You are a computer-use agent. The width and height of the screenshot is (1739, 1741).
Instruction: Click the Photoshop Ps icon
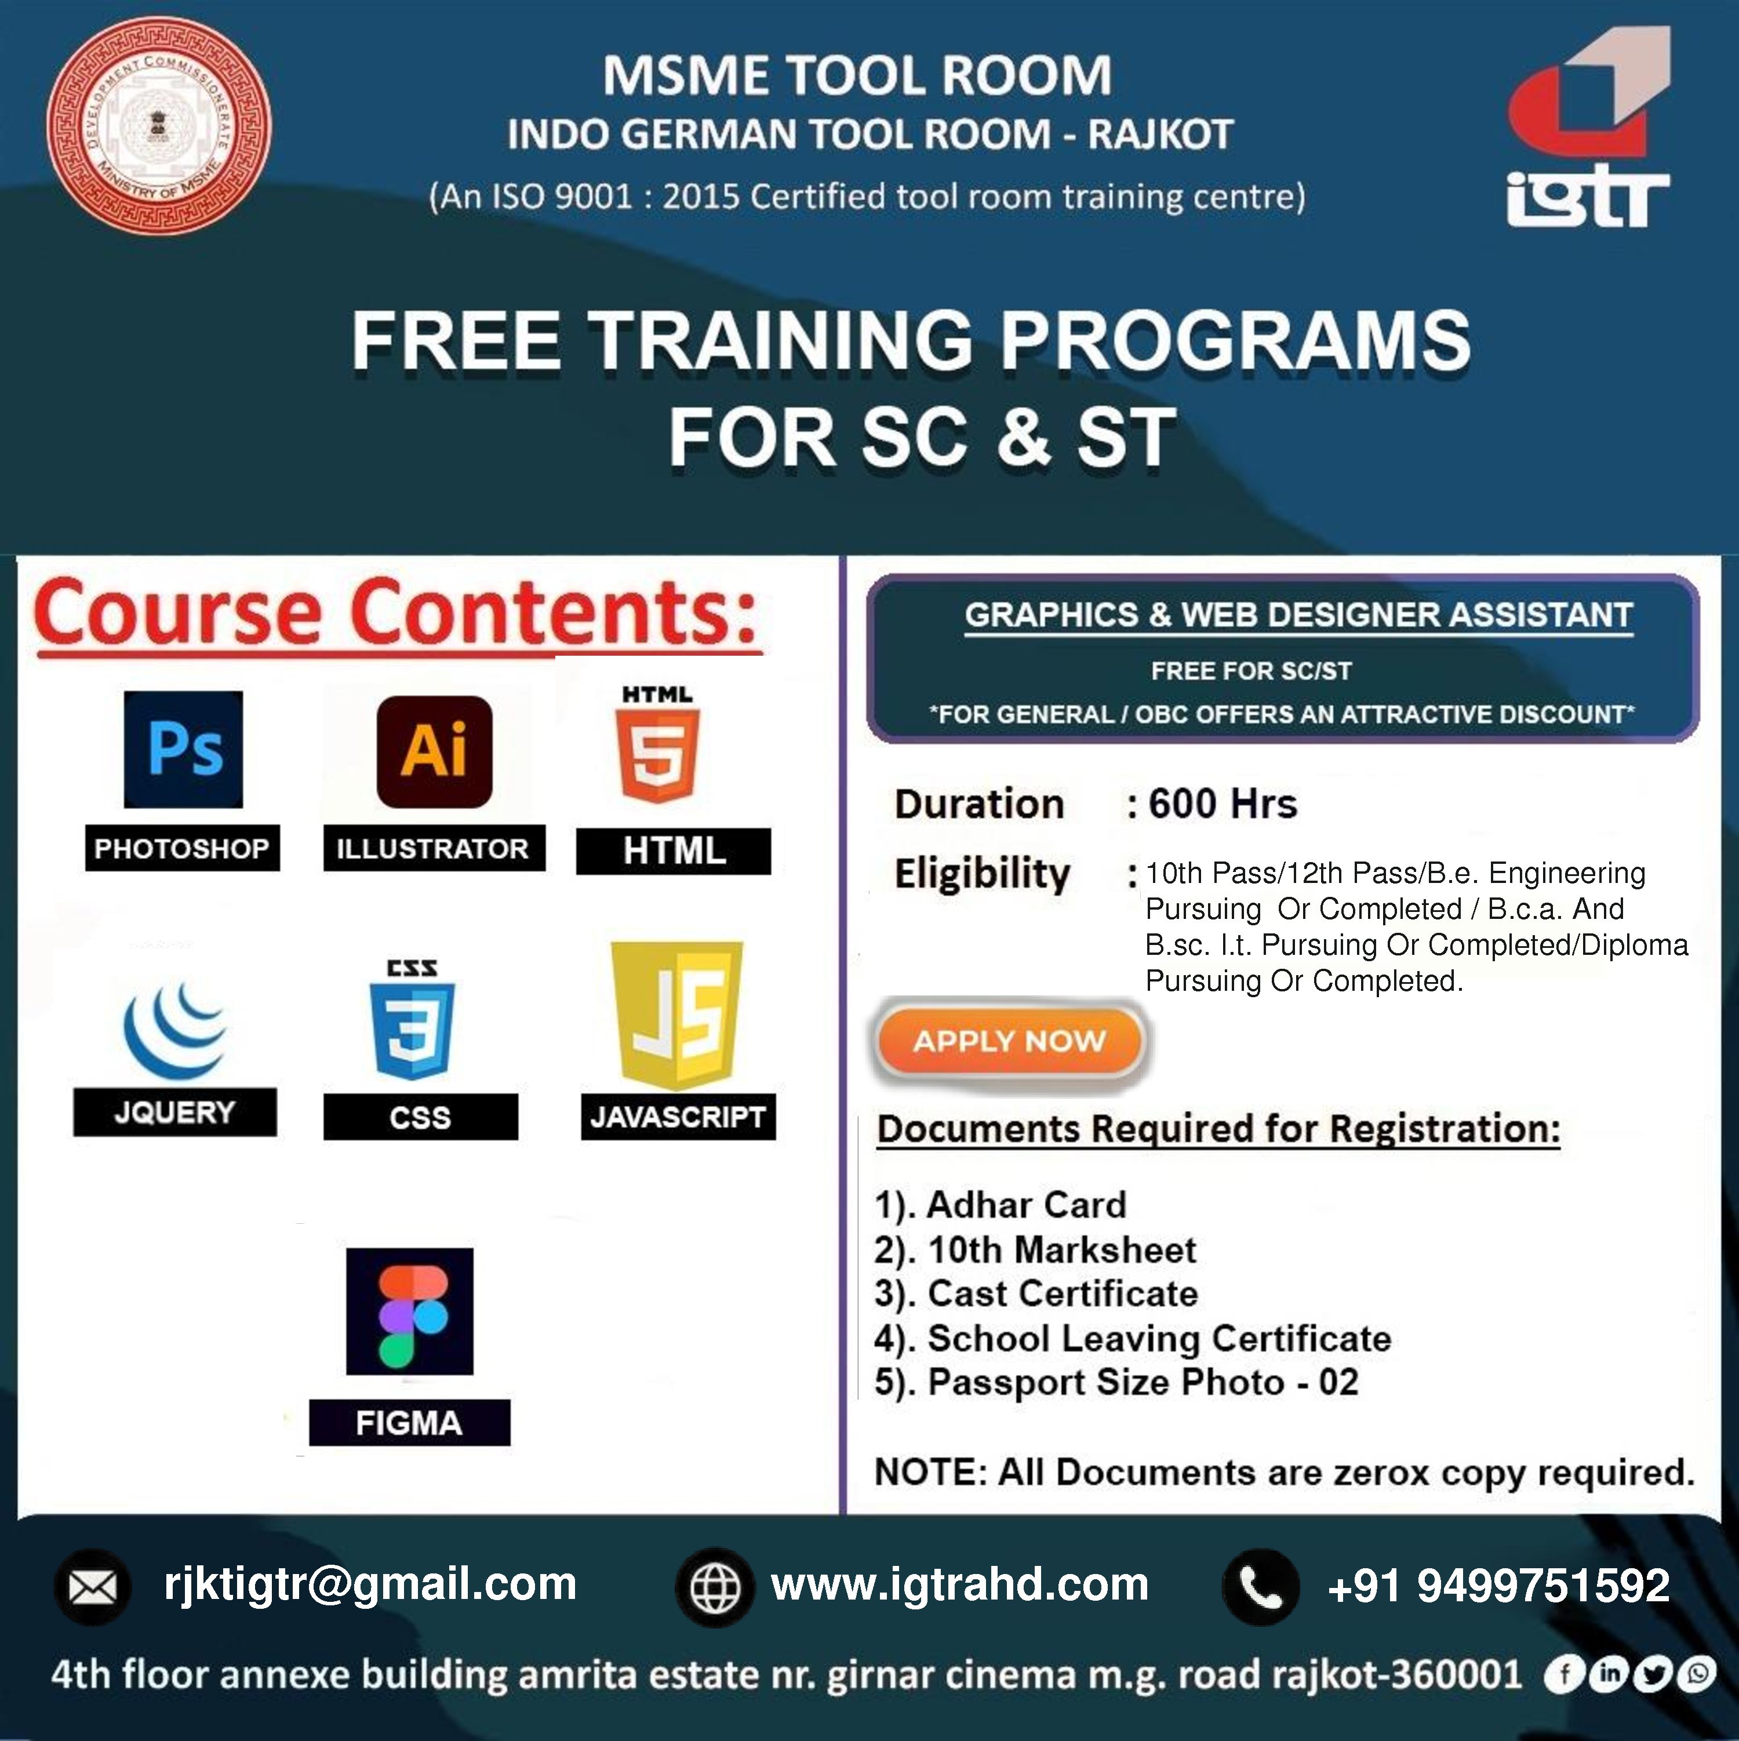pyautogui.click(x=184, y=749)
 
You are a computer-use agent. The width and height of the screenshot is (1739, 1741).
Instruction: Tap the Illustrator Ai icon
pyautogui.click(x=434, y=751)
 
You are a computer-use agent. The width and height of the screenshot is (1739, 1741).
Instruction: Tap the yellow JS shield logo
pyautogui.click(x=676, y=1015)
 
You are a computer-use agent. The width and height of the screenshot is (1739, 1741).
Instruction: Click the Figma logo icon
pyautogui.click(x=410, y=1311)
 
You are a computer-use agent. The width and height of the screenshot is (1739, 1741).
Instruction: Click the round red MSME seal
pyautogui.click(x=159, y=126)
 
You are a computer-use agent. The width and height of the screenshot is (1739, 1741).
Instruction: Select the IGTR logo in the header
pyautogui.click(x=1588, y=126)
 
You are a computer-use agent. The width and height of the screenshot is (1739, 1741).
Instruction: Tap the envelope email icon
pyautogui.click(x=92, y=1587)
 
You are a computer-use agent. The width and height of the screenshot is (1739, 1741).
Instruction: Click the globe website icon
pyautogui.click(x=715, y=1587)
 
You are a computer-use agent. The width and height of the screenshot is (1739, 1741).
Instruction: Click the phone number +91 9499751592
pyautogui.click(x=1497, y=1586)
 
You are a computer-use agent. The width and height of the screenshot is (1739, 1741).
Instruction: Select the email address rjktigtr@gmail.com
pyautogui.click(x=369, y=1584)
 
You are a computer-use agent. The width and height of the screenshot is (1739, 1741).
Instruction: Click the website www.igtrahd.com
pyautogui.click(x=959, y=1584)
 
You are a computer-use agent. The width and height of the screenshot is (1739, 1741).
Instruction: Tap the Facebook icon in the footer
pyautogui.click(x=1565, y=1674)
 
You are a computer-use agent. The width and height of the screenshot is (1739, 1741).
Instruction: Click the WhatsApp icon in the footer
pyautogui.click(x=1698, y=1674)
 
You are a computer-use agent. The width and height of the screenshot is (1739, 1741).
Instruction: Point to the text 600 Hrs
pyautogui.click(x=1223, y=803)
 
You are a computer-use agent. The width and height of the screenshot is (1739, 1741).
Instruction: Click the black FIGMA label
pyautogui.click(x=410, y=1423)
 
